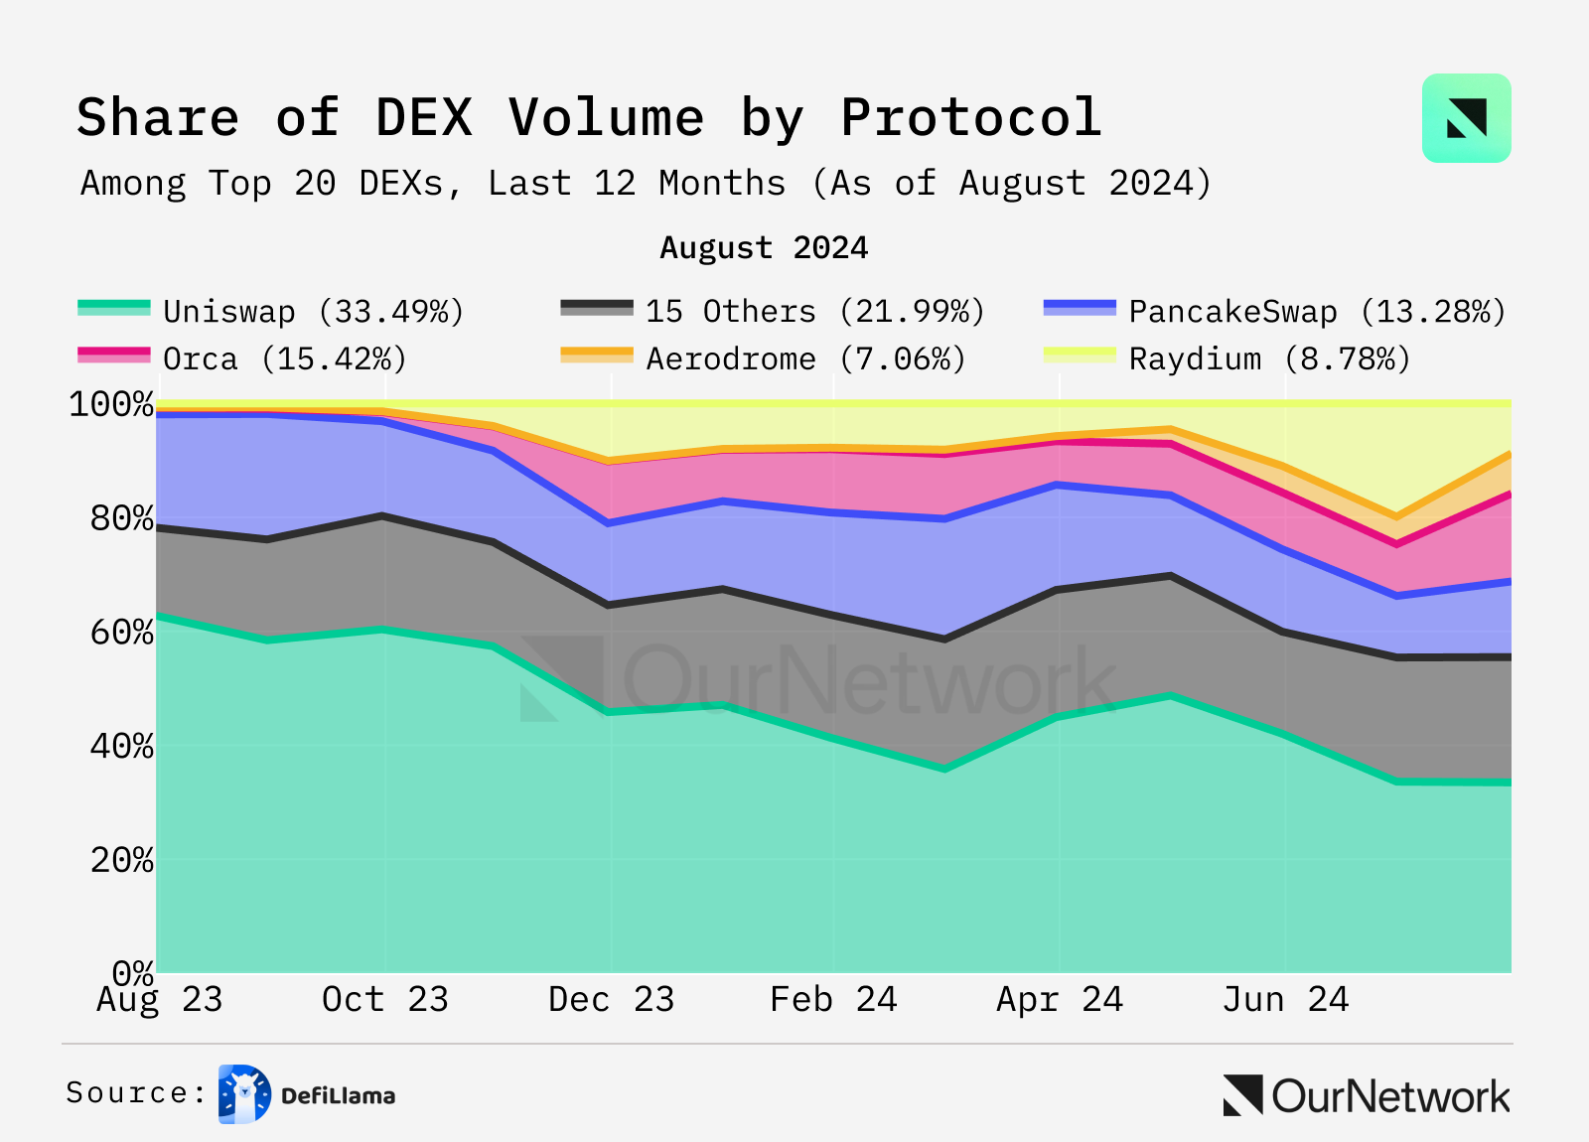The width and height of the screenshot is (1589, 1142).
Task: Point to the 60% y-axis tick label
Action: [122, 633]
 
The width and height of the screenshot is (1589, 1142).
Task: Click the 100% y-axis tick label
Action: [111, 404]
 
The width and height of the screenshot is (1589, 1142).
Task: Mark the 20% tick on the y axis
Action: [122, 860]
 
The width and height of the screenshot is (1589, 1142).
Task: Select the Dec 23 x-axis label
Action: [611, 999]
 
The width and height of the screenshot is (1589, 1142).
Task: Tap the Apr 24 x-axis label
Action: [1059, 999]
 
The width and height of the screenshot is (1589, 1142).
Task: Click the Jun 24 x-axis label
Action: [1285, 999]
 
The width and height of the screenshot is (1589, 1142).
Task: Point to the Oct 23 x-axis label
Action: [384, 999]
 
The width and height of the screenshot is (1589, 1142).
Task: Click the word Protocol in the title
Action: [971, 118]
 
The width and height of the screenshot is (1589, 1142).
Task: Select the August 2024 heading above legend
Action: [764, 247]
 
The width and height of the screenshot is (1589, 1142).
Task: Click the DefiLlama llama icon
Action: [244, 1094]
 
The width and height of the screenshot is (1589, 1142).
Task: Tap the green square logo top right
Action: [1466, 118]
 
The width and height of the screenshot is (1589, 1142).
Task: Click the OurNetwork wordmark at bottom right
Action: [1389, 1096]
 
